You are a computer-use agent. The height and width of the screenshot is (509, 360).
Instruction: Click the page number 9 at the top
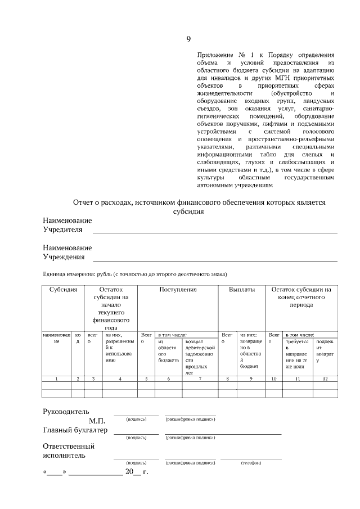188,39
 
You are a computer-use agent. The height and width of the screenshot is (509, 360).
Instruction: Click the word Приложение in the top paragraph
215,55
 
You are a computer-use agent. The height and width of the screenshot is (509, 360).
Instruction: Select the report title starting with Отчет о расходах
200,202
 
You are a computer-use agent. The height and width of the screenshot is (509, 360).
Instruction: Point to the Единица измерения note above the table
134,274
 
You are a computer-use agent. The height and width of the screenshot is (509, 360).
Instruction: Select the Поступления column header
178,290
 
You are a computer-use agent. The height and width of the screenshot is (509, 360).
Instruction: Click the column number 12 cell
325,379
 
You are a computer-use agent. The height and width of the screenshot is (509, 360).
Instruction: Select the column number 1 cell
57,379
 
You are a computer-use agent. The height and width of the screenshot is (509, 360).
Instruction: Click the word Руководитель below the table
66,411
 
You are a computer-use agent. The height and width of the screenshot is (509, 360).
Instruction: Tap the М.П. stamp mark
97,421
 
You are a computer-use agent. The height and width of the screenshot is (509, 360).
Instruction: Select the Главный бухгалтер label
75,431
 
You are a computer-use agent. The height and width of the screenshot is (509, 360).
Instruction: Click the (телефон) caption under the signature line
250,463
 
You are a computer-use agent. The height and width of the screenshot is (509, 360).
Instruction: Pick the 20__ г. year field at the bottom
136,471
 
